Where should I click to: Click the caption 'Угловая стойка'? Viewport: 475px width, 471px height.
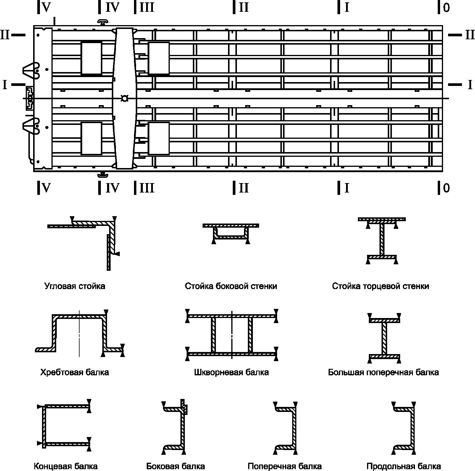75,286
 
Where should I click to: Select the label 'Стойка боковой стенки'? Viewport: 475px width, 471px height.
231,286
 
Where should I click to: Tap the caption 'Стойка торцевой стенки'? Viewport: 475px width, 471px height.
380,286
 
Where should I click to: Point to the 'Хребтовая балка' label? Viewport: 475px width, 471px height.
75,372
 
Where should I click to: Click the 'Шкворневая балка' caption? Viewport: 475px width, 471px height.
232,372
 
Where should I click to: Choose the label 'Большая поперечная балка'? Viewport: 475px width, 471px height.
383,372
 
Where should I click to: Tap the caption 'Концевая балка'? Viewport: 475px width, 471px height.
66,466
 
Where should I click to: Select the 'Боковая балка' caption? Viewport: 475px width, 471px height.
176,466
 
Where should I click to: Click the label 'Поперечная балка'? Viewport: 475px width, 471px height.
285,466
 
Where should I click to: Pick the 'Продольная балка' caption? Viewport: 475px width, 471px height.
404,466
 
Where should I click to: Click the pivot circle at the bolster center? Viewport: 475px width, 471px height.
125,98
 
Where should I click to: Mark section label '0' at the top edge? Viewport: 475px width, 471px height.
446,8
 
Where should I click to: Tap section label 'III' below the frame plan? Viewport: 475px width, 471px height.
147,188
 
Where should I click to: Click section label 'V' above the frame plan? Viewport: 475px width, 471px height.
46,8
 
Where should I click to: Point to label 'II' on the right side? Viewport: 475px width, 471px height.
470,35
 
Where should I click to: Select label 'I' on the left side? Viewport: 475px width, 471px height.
5,84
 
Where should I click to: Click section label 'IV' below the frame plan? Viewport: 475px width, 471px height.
112,188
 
